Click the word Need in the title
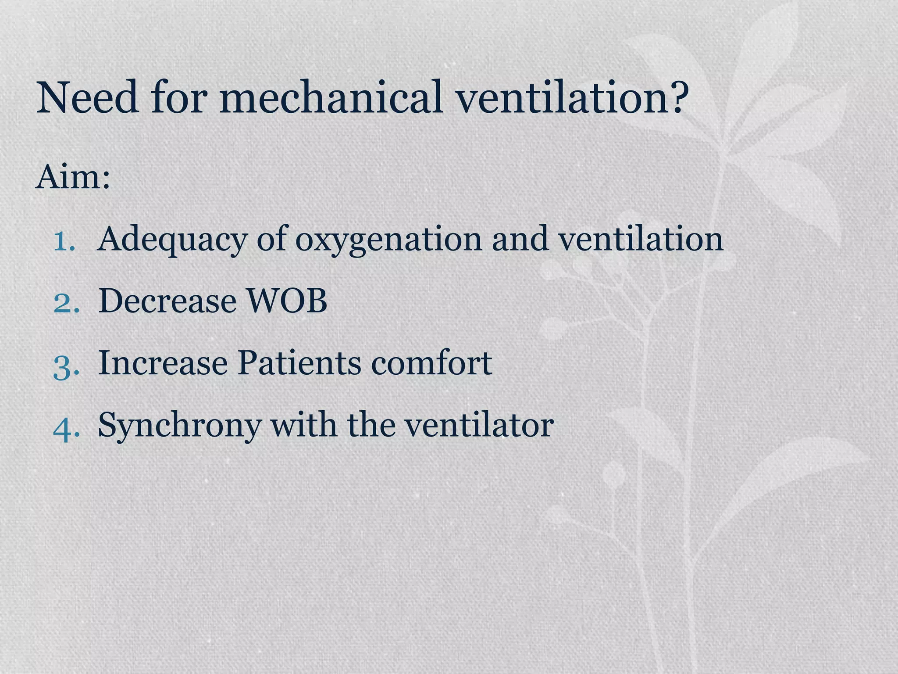88,97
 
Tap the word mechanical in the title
331,97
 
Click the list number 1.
64,240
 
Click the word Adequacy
171,240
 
